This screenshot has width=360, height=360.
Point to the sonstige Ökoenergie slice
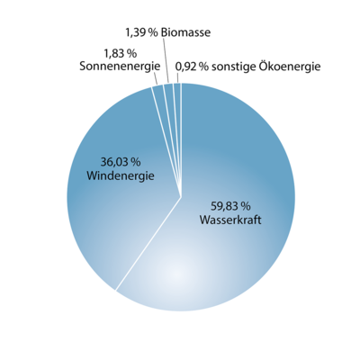[178, 114]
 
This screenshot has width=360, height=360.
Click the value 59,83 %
[230, 206]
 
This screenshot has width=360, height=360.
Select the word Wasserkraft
[230, 220]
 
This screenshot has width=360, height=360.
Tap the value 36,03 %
[121, 162]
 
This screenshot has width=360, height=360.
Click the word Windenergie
[121, 175]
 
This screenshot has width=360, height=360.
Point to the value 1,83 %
[120, 54]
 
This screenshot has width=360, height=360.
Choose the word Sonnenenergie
[120, 67]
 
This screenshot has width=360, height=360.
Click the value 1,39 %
[141, 32]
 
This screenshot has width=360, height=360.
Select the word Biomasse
[185, 32]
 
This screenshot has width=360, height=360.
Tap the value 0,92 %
[193, 67]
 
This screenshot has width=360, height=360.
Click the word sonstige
[230, 67]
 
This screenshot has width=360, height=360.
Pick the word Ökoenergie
[286, 67]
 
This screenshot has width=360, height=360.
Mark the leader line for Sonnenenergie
[156, 78]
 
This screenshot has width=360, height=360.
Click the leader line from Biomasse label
[166, 60]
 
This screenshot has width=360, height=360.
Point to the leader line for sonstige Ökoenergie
[177, 77]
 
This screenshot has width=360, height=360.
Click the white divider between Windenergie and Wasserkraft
[148, 244]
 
